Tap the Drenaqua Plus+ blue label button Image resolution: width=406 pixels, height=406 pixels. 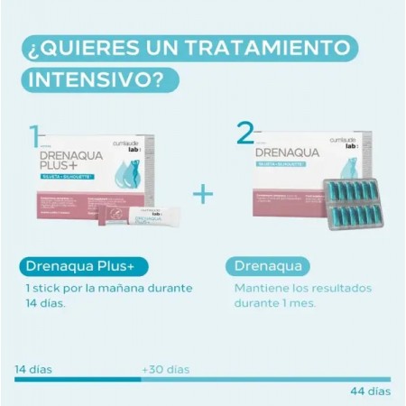coord(80,266)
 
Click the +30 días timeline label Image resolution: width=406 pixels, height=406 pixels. coord(165,369)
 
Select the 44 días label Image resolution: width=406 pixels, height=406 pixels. coord(370,391)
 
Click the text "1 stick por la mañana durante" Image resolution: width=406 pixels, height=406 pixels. coord(108,289)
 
